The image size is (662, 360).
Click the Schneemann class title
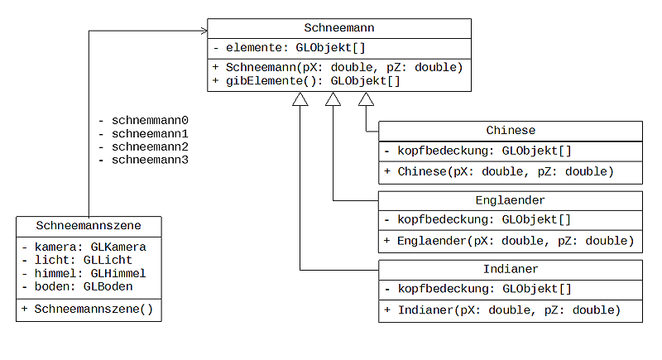coord(338,28)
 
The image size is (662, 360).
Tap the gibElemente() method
coord(306,81)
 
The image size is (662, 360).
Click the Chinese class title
coord(511,131)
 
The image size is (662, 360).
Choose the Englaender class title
coord(511,200)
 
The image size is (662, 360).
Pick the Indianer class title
coord(511,270)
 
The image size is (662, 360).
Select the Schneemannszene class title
coord(89,225)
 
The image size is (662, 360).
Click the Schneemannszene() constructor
coord(88,309)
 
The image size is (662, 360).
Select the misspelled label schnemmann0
coord(144,120)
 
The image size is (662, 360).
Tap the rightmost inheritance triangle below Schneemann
coord(366,99)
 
